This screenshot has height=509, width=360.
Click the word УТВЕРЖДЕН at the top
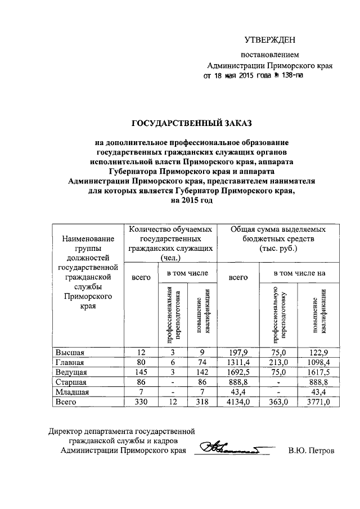[269, 40]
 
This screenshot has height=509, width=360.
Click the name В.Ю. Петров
[310, 451]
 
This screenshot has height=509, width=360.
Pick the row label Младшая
[71, 392]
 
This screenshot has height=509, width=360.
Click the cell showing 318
[200, 402]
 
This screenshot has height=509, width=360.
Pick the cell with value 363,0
[278, 402]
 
